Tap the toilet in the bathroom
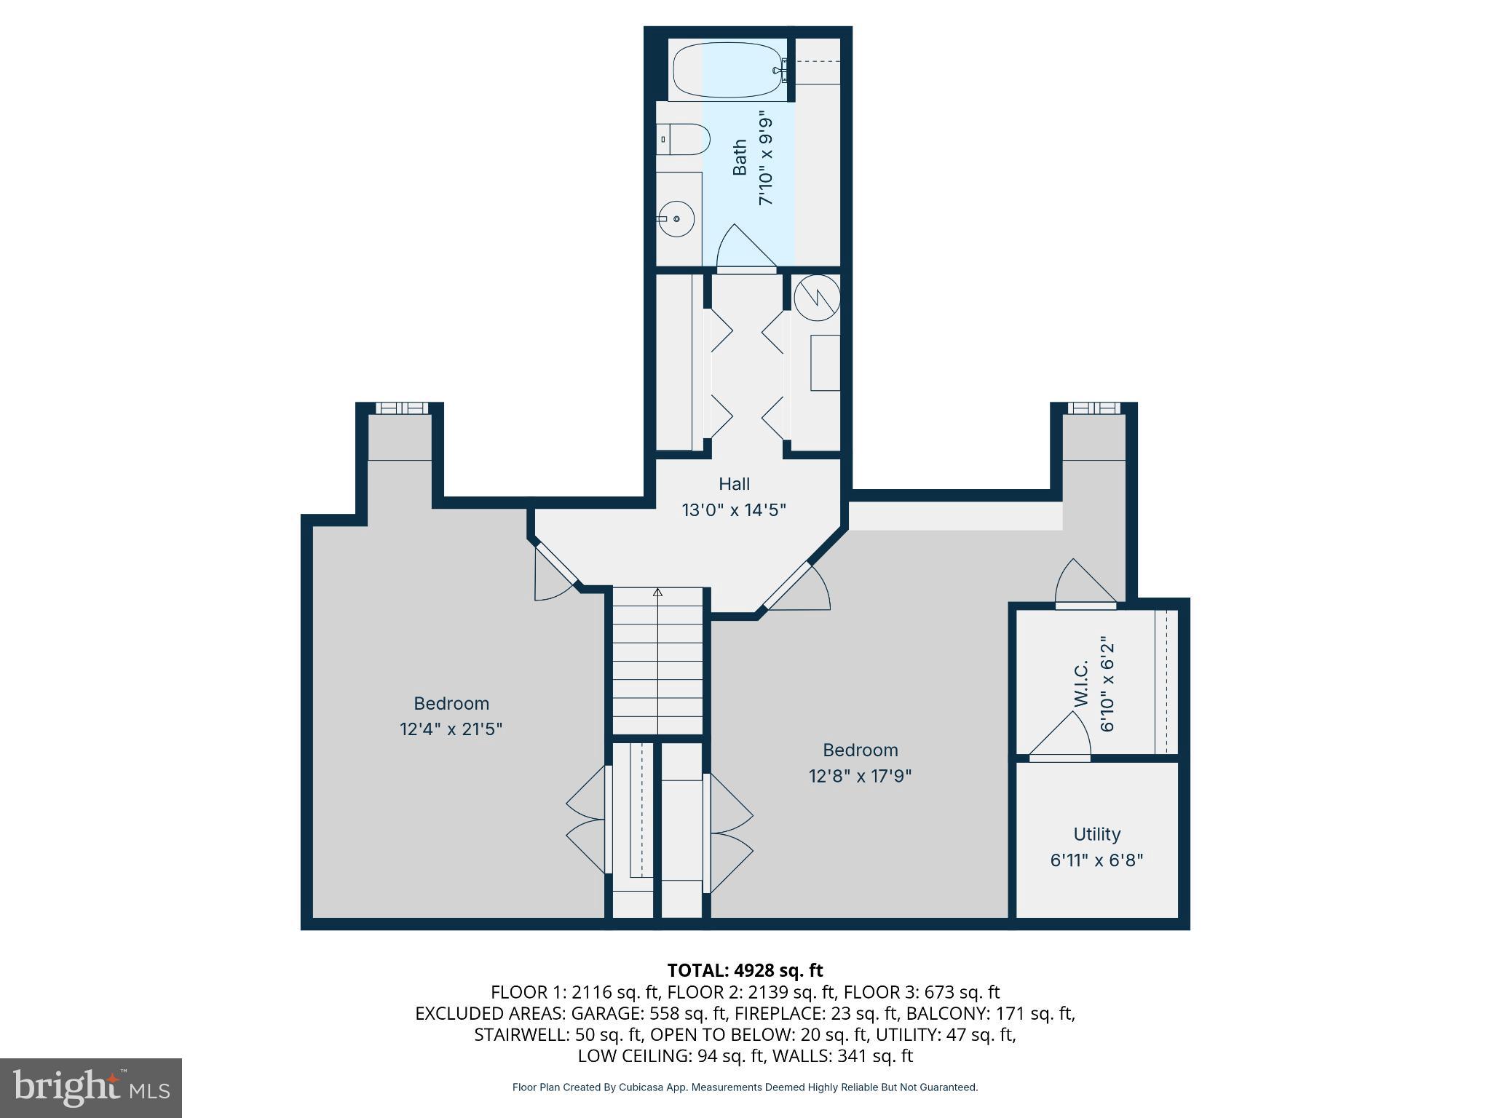tap(685, 139)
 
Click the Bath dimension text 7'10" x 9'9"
tap(765, 158)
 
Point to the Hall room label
tap(734, 484)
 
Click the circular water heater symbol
tap(817, 297)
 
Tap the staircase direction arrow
tap(658, 593)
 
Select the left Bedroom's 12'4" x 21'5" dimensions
tap(451, 729)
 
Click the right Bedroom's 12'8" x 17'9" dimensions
tap(860, 775)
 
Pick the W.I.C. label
tap(1081, 683)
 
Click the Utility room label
tap(1096, 834)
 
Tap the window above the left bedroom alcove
tap(400, 408)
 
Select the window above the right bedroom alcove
tap(1094, 408)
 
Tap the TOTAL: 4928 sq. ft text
tap(745, 970)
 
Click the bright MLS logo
tap(90, 1087)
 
